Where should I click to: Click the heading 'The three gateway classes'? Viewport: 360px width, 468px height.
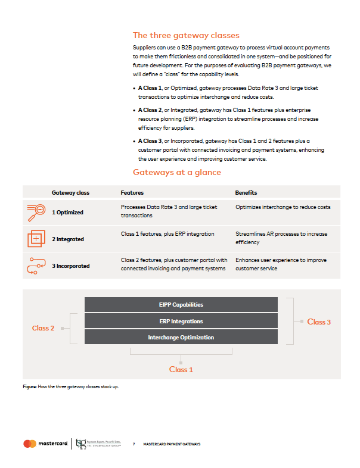coord(186,35)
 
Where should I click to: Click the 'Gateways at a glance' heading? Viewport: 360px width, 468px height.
coord(177,173)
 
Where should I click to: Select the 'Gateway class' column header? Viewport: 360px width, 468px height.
coord(70,193)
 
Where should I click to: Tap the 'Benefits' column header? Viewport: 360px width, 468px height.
coord(246,193)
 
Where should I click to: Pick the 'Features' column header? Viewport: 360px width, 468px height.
coord(132,193)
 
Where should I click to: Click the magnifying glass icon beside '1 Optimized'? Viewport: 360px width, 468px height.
coord(36,211)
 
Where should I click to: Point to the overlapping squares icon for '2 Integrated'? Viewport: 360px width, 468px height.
coord(36,238)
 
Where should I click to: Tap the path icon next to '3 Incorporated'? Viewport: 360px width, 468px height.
coord(36,265)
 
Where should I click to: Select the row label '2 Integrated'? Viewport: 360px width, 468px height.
coord(68,239)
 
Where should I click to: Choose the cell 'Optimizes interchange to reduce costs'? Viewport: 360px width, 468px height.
coord(283,207)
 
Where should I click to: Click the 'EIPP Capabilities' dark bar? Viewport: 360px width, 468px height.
coord(181,305)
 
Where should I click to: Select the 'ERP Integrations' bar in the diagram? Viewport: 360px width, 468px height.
coord(181,322)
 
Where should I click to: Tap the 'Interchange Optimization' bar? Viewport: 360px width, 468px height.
coord(181,338)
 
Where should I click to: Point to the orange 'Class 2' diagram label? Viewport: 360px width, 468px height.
coord(44,328)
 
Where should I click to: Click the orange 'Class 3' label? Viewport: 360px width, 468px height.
coord(319,322)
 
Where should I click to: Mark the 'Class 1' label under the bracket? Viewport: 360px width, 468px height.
coord(181,370)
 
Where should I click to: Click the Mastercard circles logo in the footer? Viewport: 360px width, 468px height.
coord(30,444)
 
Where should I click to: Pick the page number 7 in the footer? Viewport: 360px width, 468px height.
coord(134,444)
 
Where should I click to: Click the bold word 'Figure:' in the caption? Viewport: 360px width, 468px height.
coord(29,388)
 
